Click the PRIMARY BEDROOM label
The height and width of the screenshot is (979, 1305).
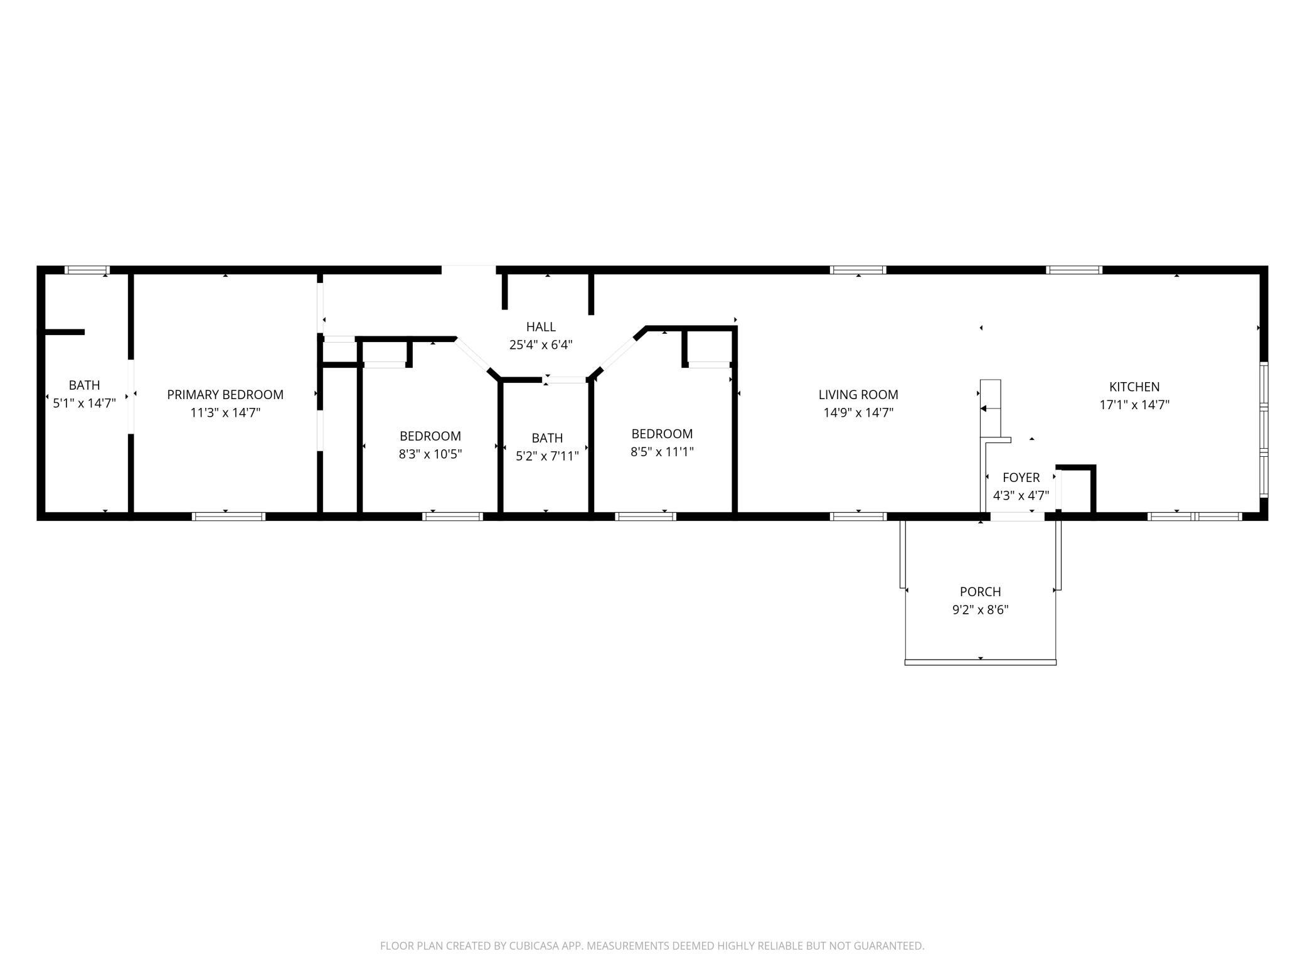click(225, 395)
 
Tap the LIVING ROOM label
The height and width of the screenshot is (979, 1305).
click(858, 395)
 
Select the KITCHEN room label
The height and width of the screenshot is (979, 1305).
click(1134, 387)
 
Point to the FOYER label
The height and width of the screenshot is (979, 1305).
click(1021, 478)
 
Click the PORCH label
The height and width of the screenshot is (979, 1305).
click(981, 592)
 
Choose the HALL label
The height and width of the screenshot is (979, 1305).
click(541, 327)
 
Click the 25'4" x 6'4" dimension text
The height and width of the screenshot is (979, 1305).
click(541, 345)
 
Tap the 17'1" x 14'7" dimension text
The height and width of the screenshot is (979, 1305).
click(1134, 405)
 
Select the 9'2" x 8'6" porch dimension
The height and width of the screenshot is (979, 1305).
click(981, 609)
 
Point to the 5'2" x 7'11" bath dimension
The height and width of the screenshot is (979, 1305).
click(547, 456)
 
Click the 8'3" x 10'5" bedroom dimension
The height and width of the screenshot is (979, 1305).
click(430, 454)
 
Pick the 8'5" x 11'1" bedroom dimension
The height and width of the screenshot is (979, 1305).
click(662, 451)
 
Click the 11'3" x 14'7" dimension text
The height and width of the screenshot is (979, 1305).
click(225, 412)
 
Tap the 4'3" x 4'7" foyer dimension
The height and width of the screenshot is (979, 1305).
click(1021, 495)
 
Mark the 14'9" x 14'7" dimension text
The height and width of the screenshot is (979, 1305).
click(858, 412)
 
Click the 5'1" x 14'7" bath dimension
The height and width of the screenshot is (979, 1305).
click(84, 403)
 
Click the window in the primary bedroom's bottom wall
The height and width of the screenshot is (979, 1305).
click(228, 516)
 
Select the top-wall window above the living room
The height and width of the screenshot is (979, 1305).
click(858, 270)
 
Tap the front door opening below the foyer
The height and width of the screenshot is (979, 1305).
click(1017, 516)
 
